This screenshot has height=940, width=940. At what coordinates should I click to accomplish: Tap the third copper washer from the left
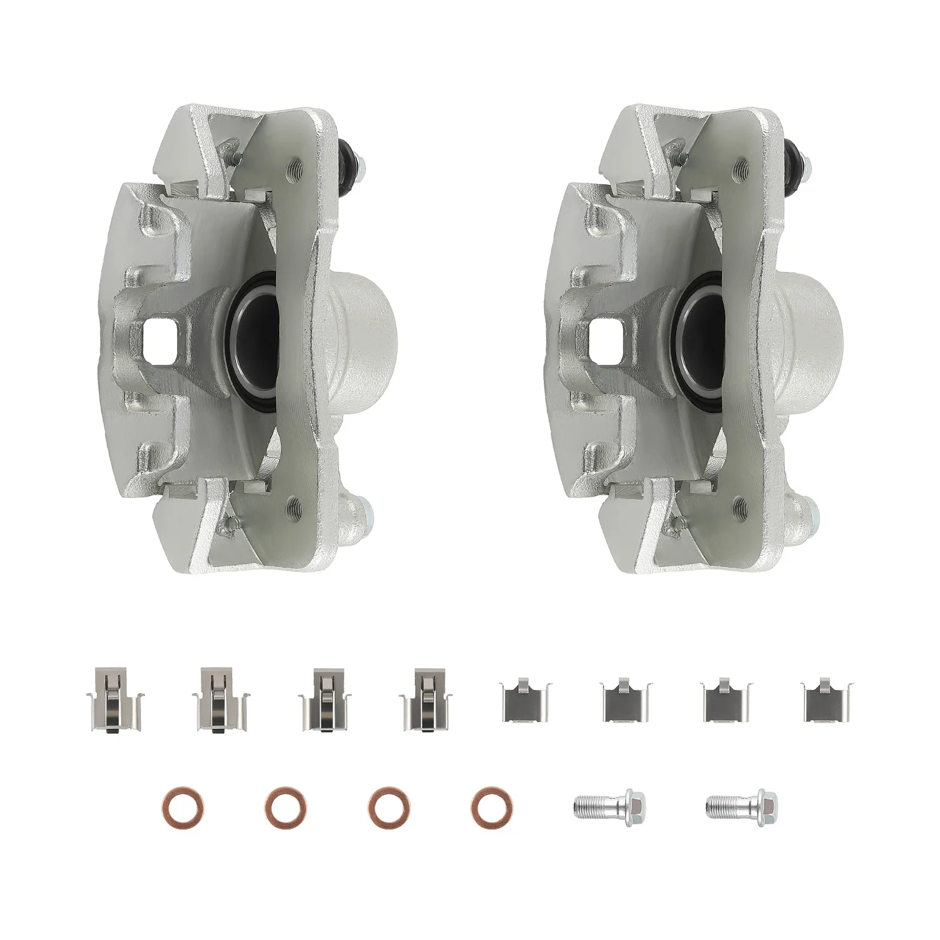(390, 808)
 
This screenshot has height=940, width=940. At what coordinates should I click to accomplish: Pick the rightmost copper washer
(491, 808)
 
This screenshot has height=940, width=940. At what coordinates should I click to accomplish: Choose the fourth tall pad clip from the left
(424, 699)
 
